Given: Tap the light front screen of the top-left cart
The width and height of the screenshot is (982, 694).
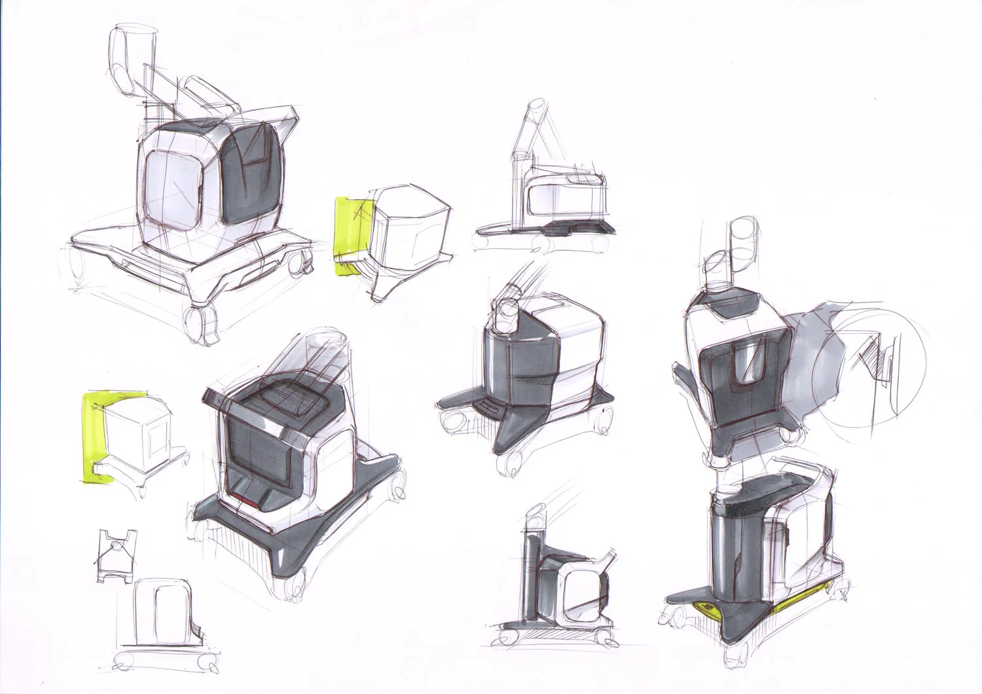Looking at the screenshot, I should (172, 187).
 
